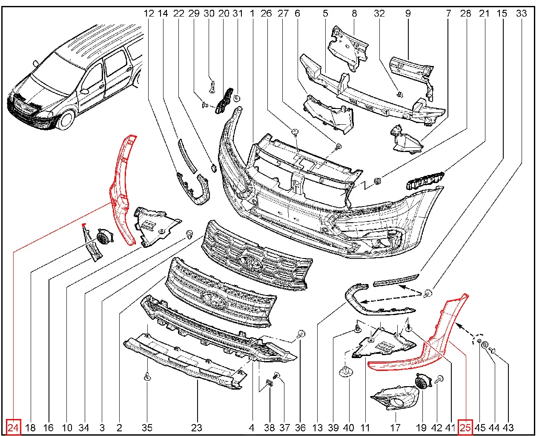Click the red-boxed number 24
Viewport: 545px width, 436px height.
coord(13,427)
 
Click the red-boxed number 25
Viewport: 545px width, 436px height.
coord(465,427)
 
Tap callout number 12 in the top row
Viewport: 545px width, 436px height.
coord(149,13)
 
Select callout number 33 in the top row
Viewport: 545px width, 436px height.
coord(521,13)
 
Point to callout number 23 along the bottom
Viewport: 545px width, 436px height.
coord(196,427)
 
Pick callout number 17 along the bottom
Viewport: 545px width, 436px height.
coord(395,427)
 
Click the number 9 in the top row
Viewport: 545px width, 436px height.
coord(408,13)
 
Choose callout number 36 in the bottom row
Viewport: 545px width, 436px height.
coord(300,427)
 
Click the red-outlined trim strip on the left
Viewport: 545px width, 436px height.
coord(121,187)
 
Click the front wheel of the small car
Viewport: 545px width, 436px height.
coord(66,120)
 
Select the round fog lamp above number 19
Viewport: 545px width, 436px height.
coord(422,381)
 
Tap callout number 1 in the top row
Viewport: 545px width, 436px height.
coord(252,13)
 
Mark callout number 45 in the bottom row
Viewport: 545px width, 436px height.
coord(480,427)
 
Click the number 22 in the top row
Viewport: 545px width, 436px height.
coord(179,13)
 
